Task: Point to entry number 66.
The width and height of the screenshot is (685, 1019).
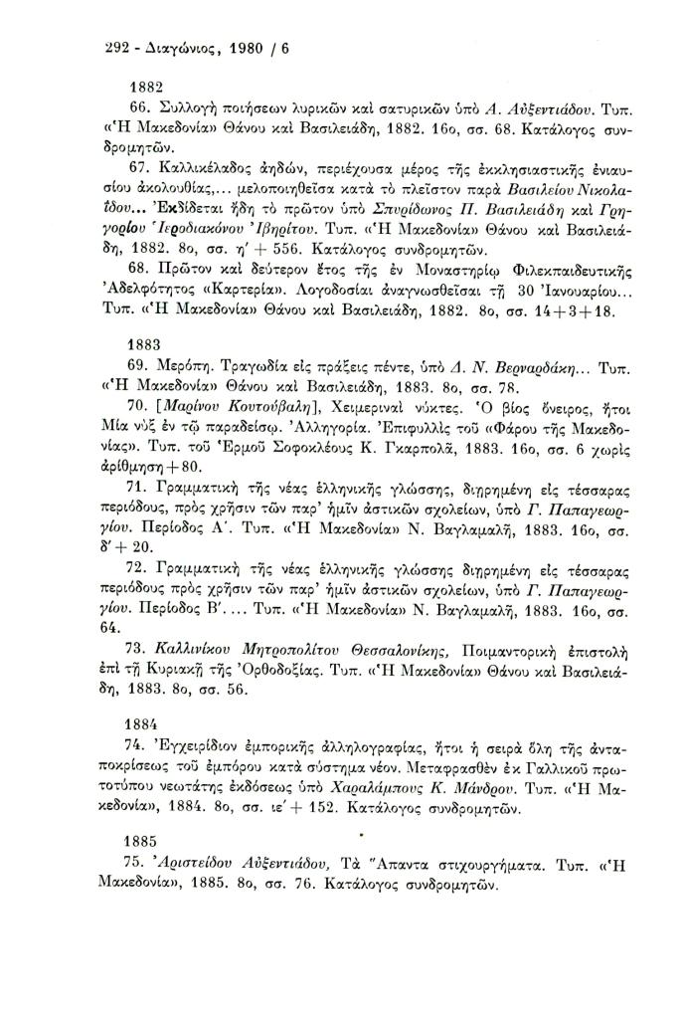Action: pyautogui.click(x=141, y=108)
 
